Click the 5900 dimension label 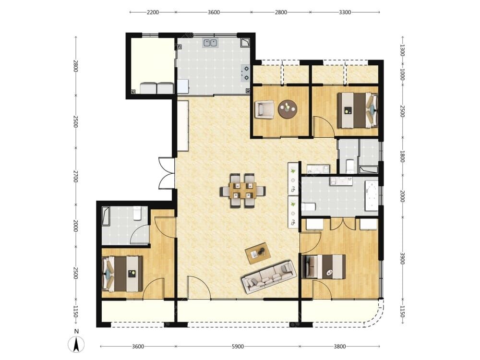[x=238, y=347]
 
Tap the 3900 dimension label [x=402, y=258]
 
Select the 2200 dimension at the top [x=153, y=12]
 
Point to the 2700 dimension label [x=75, y=176]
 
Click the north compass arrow [x=76, y=344]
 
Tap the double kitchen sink [x=210, y=43]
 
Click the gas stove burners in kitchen [x=245, y=73]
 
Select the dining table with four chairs [x=242, y=191]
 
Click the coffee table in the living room [x=258, y=253]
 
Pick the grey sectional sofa [x=269, y=277]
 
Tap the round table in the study [x=288, y=109]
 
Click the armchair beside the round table [x=264, y=109]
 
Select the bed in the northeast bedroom [x=358, y=110]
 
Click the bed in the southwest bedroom [x=122, y=274]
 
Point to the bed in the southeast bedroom [x=324, y=266]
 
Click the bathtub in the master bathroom [x=372, y=196]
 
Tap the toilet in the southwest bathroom [x=137, y=214]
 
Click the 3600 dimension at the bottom [x=138, y=347]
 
